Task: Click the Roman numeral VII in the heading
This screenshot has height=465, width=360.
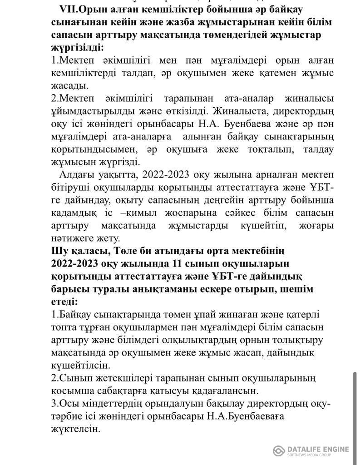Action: [69, 9]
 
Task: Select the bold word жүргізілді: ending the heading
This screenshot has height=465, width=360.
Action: [77, 47]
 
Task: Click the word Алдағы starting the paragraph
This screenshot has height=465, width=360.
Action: [76, 175]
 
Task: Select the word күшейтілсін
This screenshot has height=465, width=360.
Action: [80, 365]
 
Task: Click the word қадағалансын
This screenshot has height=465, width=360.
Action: [227, 390]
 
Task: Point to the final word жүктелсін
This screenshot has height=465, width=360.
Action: [75, 428]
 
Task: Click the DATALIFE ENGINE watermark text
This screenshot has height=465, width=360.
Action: [318, 449]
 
